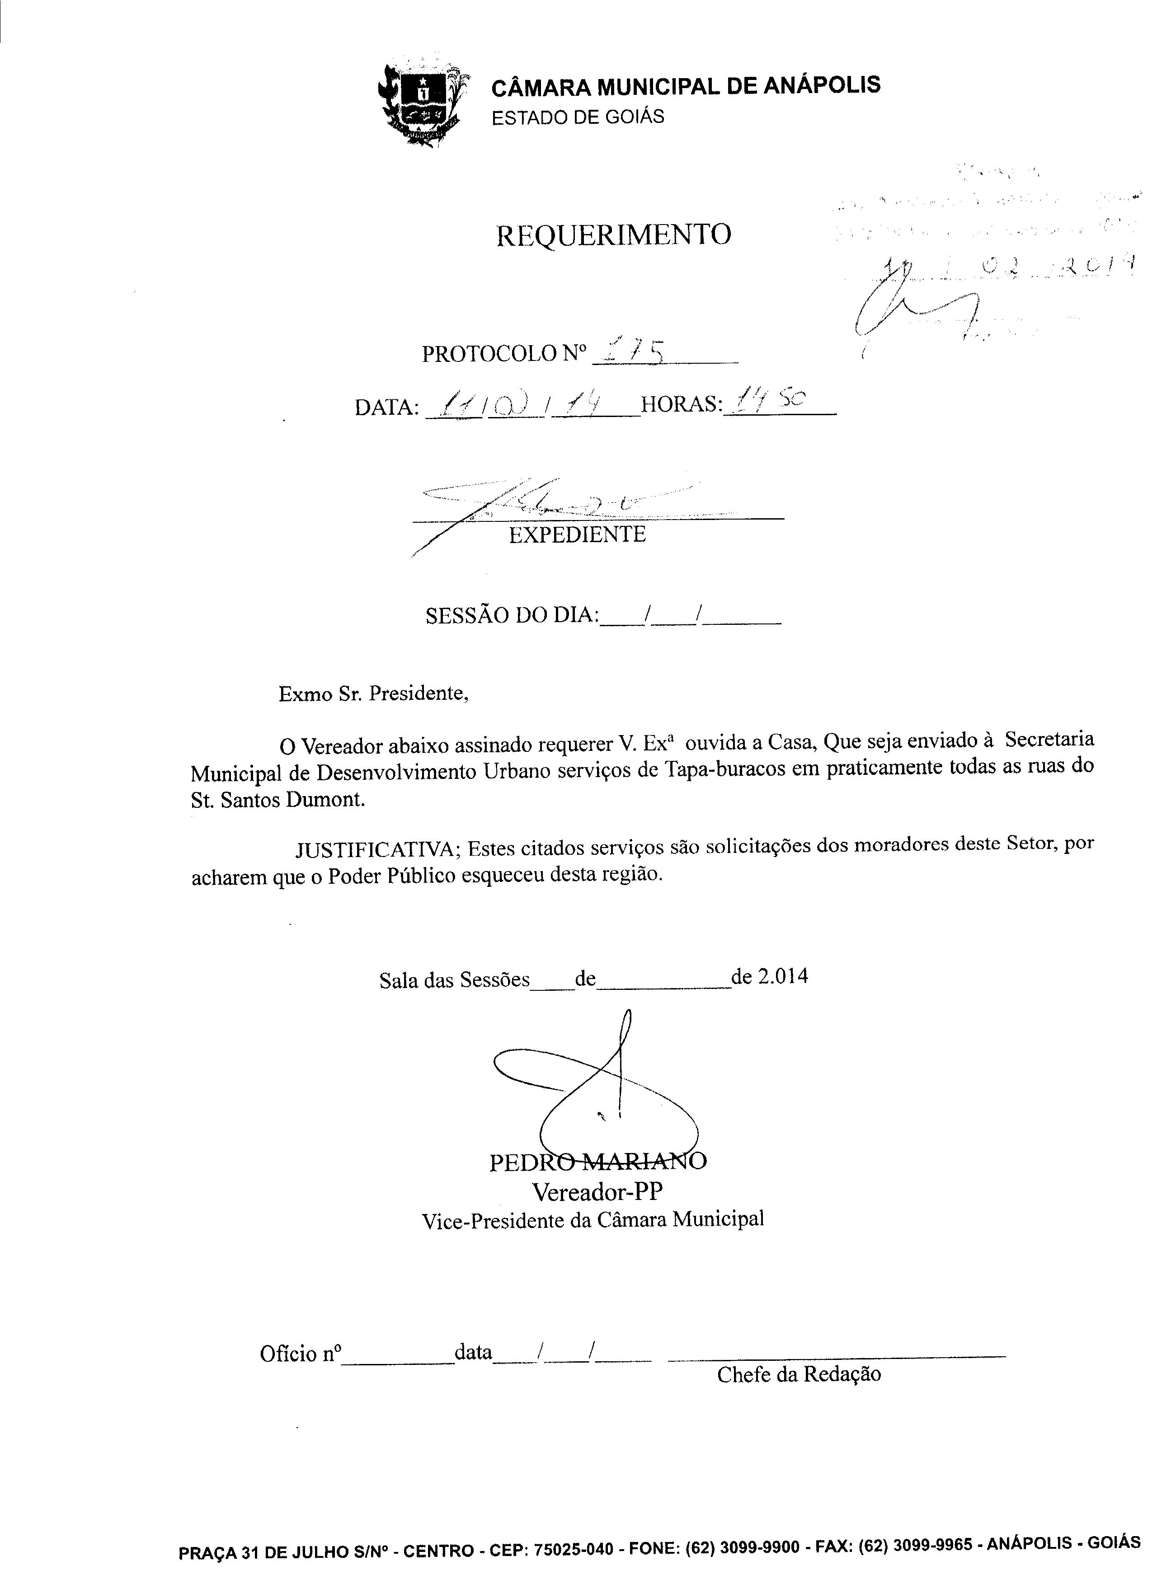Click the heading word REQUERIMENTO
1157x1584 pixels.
click(613, 235)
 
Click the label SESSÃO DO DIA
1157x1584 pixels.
click(511, 615)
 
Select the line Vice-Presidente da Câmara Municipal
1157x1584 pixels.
click(593, 1220)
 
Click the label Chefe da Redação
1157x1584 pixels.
click(799, 1373)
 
